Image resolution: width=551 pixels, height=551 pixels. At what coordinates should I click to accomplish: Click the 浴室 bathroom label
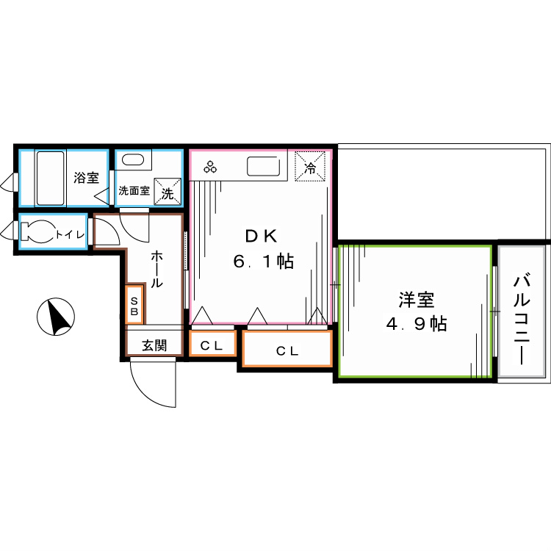pyautogui.click(x=86, y=177)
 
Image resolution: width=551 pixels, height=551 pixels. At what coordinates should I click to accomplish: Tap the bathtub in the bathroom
pyautogui.click(x=51, y=178)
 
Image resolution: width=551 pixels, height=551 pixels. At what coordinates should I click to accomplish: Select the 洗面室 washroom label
pyautogui.click(x=134, y=191)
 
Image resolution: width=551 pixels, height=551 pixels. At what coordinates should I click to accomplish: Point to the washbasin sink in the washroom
pyautogui.click(x=133, y=161)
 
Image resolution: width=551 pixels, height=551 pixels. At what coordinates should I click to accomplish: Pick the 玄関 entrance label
pyautogui.click(x=154, y=344)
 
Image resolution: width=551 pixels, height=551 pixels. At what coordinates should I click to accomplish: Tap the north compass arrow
pyautogui.click(x=55, y=317)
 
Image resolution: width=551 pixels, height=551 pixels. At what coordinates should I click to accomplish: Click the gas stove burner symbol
pyautogui.click(x=211, y=167)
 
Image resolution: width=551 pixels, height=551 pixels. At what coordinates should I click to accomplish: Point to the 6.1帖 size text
pyautogui.click(x=264, y=262)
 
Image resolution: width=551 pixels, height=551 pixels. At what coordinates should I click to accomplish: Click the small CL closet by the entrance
pyautogui.click(x=212, y=345)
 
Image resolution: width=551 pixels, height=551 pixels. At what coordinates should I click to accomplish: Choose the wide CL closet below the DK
pyautogui.click(x=287, y=350)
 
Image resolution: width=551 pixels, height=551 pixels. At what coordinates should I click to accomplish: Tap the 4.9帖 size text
pyautogui.click(x=417, y=323)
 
